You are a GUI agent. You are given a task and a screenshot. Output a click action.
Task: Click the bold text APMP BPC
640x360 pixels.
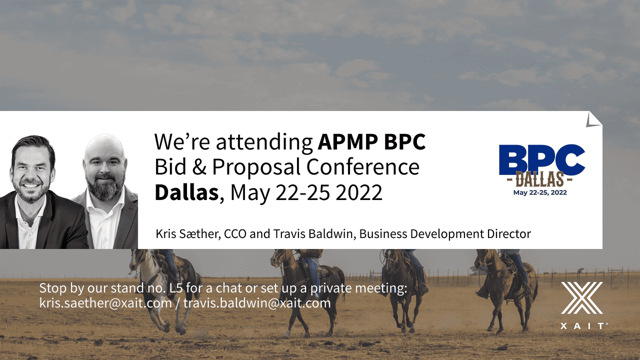(x=371, y=141)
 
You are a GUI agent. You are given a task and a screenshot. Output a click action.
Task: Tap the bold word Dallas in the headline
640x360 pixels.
(x=187, y=192)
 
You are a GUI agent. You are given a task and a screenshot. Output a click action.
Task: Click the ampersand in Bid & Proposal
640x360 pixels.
(x=199, y=166)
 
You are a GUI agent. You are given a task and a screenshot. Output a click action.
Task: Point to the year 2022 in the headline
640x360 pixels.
(x=358, y=192)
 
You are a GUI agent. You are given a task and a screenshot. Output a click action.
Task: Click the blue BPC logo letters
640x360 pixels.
(x=541, y=159)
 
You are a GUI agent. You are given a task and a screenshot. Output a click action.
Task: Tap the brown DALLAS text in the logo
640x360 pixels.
(x=539, y=179)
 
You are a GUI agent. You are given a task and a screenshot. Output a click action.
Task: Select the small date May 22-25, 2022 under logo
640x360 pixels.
(x=540, y=192)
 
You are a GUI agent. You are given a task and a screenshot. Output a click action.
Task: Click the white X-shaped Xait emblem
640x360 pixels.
(x=582, y=298)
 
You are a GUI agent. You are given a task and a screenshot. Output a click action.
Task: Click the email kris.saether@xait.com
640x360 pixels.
(x=105, y=303)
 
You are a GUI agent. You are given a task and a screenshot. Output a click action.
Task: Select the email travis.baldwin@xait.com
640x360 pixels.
(x=257, y=303)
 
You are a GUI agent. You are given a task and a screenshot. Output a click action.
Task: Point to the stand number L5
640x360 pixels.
(x=175, y=288)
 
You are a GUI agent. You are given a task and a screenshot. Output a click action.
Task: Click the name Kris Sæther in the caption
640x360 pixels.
(x=187, y=233)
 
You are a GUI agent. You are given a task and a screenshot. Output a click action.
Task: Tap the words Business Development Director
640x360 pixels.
(x=445, y=234)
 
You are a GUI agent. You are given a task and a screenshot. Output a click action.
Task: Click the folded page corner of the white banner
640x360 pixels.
(x=593, y=119)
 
